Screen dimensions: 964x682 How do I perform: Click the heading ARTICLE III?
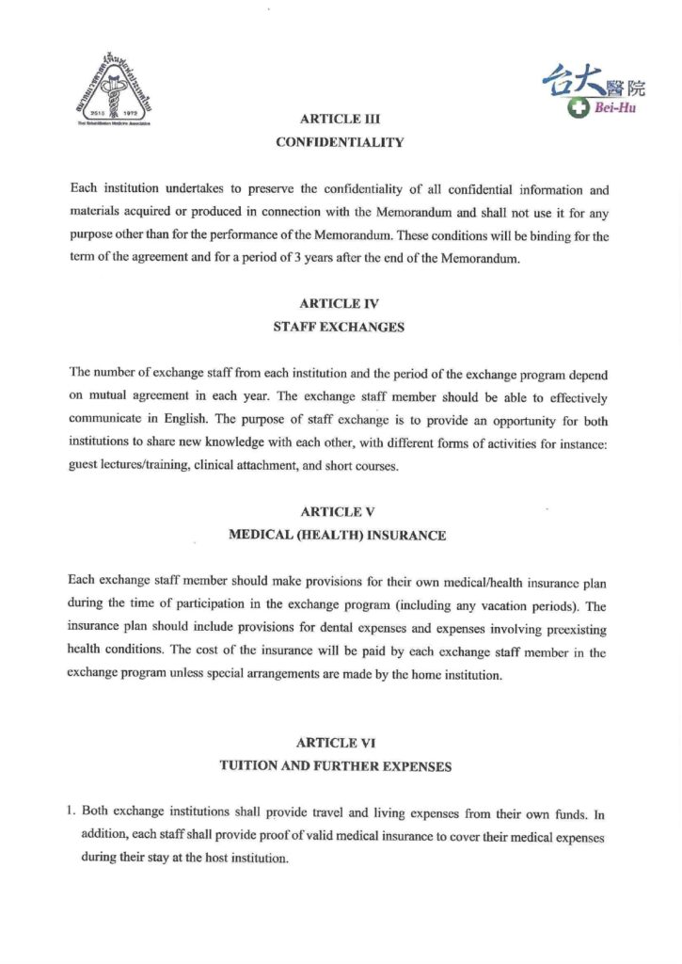coord(339,120)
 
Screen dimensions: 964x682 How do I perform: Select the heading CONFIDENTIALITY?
coord(339,143)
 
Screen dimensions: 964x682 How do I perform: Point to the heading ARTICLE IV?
coord(339,304)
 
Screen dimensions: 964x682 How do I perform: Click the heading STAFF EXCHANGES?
coord(339,328)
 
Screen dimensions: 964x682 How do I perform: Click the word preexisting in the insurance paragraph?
coord(574,630)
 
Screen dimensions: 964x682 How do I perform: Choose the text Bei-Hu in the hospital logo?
coord(615,109)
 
